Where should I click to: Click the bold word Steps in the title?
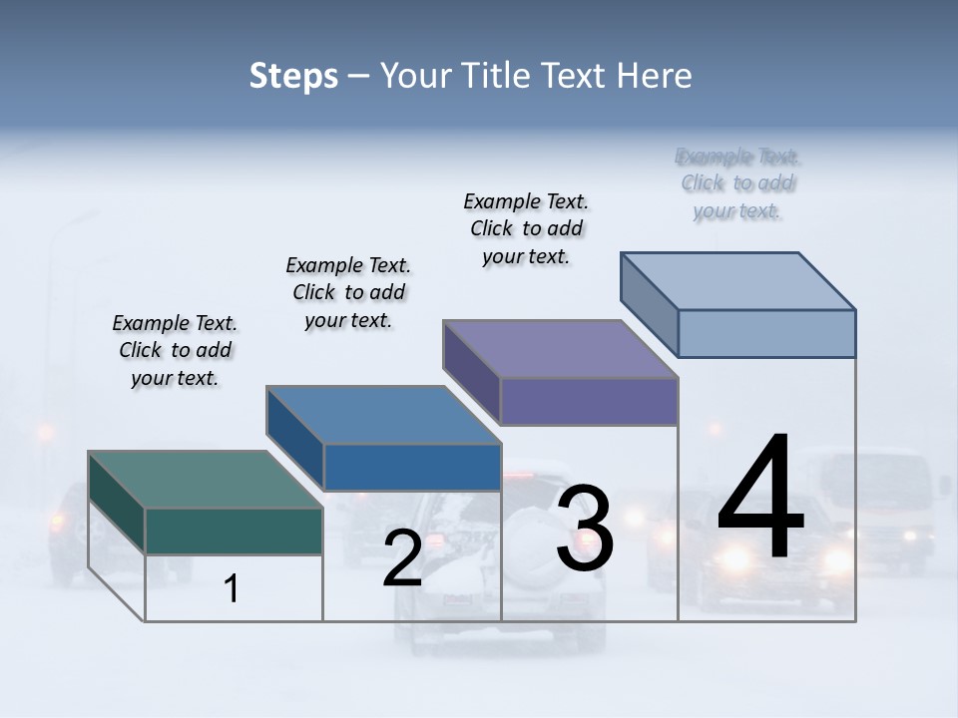coord(293,76)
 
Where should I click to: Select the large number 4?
coord(760,499)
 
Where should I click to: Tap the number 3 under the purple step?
coord(585,529)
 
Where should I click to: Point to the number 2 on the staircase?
coord(402,558)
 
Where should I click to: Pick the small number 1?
coord(231,589)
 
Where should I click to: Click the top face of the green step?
coord(205,480)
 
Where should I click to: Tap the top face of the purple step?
coord(560,349)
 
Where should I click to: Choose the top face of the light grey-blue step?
coord(738,280)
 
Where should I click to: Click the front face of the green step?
coord(234,531)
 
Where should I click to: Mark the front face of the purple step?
coord(589,401)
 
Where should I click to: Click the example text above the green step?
coord(175,350)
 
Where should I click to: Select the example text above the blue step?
coord(348,292)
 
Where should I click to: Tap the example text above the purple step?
coord(526,228)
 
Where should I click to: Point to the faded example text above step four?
coord(737,183)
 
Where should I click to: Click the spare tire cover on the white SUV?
coord(529,534)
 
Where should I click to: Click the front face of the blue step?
coord(412,467)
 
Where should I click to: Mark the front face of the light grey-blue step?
coord(766,333)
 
